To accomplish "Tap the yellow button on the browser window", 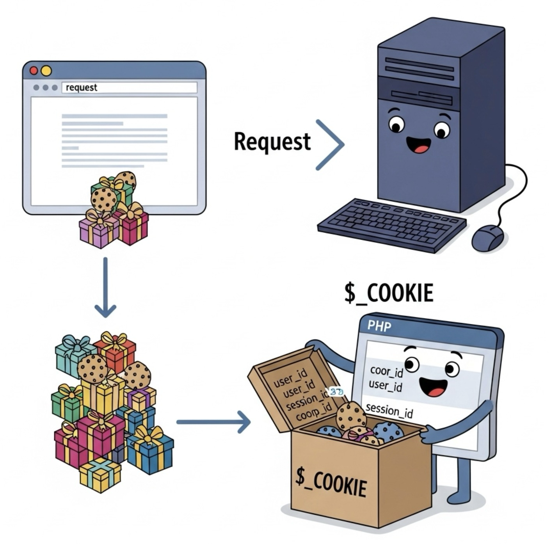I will click(46, 71).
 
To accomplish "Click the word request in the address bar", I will click(81, 87).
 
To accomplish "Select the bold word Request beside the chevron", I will click(272, 142).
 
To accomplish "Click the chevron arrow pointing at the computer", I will click(330, 145).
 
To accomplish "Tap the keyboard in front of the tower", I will click(392, 225).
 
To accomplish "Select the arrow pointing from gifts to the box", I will click(213, 422).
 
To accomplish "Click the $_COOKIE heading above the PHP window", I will click(389, 293).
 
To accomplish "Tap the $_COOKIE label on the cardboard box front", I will click(331, 482).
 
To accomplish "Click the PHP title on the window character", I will click(379, 326).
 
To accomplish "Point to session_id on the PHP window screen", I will click(389, 411).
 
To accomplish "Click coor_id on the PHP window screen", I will click(386, 371).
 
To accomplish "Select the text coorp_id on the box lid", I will click(313, 413).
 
